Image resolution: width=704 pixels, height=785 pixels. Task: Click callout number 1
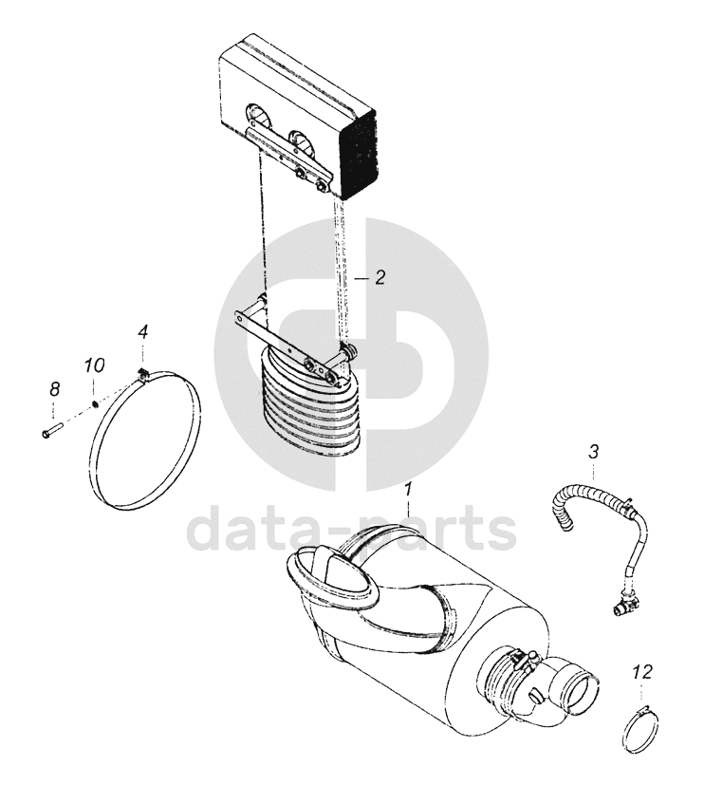click(x=408, y=489)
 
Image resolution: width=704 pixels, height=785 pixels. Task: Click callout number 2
click(x=380, y=277)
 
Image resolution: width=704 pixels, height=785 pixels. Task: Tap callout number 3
click(x=593, y=452)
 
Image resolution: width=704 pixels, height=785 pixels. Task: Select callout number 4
click(x=143, y=332)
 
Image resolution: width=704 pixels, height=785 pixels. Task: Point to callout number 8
click(x=54, y=388)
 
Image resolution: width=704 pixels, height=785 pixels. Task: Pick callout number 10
click(x=94, y=364)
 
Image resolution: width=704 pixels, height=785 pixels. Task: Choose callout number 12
click(x=642, y=672)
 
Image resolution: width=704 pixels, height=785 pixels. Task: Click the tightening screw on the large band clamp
click(x=143, y=374)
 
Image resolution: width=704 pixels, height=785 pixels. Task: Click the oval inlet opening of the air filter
click(x=331, y=573)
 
